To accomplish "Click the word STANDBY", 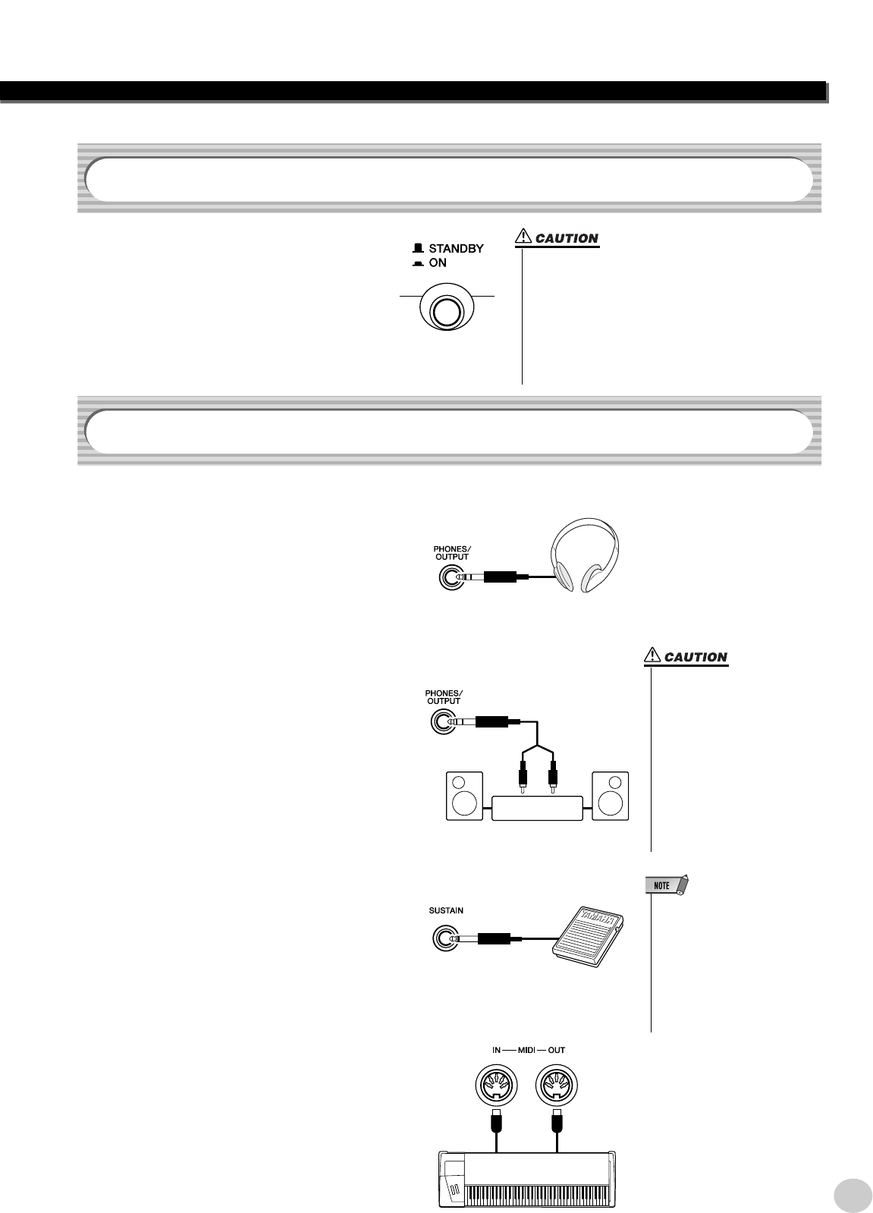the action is [456, 248].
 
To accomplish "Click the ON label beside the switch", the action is [438, 263].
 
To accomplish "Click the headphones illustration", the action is [583, 559].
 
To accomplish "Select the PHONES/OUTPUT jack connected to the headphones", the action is [447, 578].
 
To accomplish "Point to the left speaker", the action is [462, 796].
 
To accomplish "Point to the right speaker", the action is [611, 796].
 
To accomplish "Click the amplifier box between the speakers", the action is [537, 808].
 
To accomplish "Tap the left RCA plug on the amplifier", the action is [523, 778].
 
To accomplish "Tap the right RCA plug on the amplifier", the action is [553, 778].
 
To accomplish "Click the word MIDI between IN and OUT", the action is [527, 1051].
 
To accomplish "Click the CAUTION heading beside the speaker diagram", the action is [695, 658].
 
